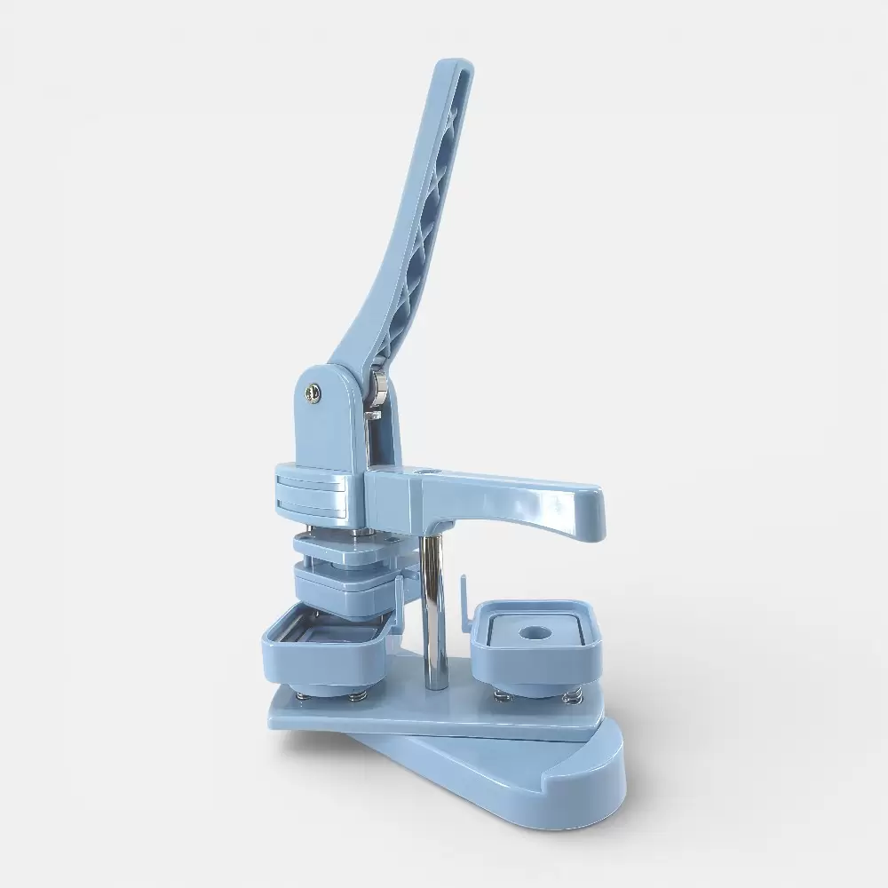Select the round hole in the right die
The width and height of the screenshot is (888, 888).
pos(535,633)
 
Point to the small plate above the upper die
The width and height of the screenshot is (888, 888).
pos(346,551)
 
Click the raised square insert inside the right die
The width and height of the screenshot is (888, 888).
pos(533,626)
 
